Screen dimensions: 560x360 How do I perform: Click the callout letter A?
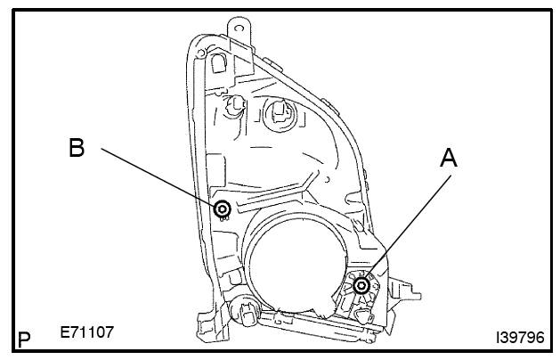click(449, 159)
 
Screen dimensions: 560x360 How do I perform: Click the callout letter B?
click(77, 147)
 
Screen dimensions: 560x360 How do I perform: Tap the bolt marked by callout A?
click(361, 285)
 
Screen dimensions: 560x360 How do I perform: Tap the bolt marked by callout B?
click(223, 209)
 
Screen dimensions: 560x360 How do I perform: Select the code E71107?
click(86, 332)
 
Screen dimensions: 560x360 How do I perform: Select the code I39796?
click(520, 338)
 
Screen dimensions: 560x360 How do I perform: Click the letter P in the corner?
click(24, 340)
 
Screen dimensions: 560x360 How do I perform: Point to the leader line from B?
click(159, 176)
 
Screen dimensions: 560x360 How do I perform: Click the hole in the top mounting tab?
click(239, 29)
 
